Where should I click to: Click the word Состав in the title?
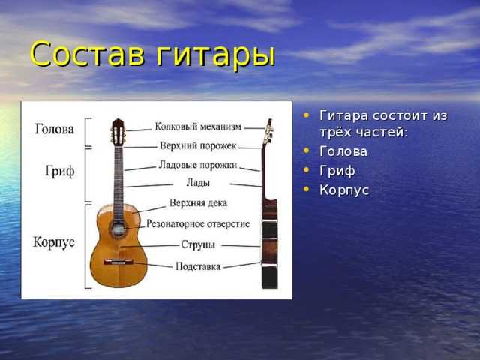pos(88,54)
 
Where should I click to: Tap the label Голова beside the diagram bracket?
pos(54,129)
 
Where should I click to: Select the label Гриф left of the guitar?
pos(60,171)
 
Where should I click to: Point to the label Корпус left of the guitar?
pos(54,242)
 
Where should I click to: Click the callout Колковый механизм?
pos(198,127)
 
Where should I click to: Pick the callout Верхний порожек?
pos(198,145)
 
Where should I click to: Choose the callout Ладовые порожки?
pos(198,165)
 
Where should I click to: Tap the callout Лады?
pos(198,183)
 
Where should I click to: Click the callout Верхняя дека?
pos(198,203)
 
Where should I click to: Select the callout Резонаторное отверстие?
pos(198,223)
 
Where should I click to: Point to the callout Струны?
pos(198,244)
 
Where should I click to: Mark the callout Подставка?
pos(198,266)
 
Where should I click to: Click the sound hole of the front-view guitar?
pos(118,229)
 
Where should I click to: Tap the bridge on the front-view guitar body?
pos(118,262)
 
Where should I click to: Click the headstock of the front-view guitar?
pos(118,132)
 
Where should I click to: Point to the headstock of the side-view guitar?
pos(268,132)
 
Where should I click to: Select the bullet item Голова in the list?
pos(343,151)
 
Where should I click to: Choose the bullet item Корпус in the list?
pos(344,190)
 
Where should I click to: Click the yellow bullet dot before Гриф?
pos(306,169)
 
